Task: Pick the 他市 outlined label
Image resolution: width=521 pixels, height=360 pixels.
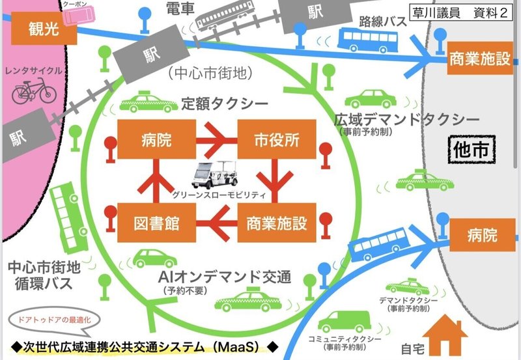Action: pos(471,149)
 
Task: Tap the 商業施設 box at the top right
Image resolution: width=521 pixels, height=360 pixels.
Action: pos(480,59)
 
